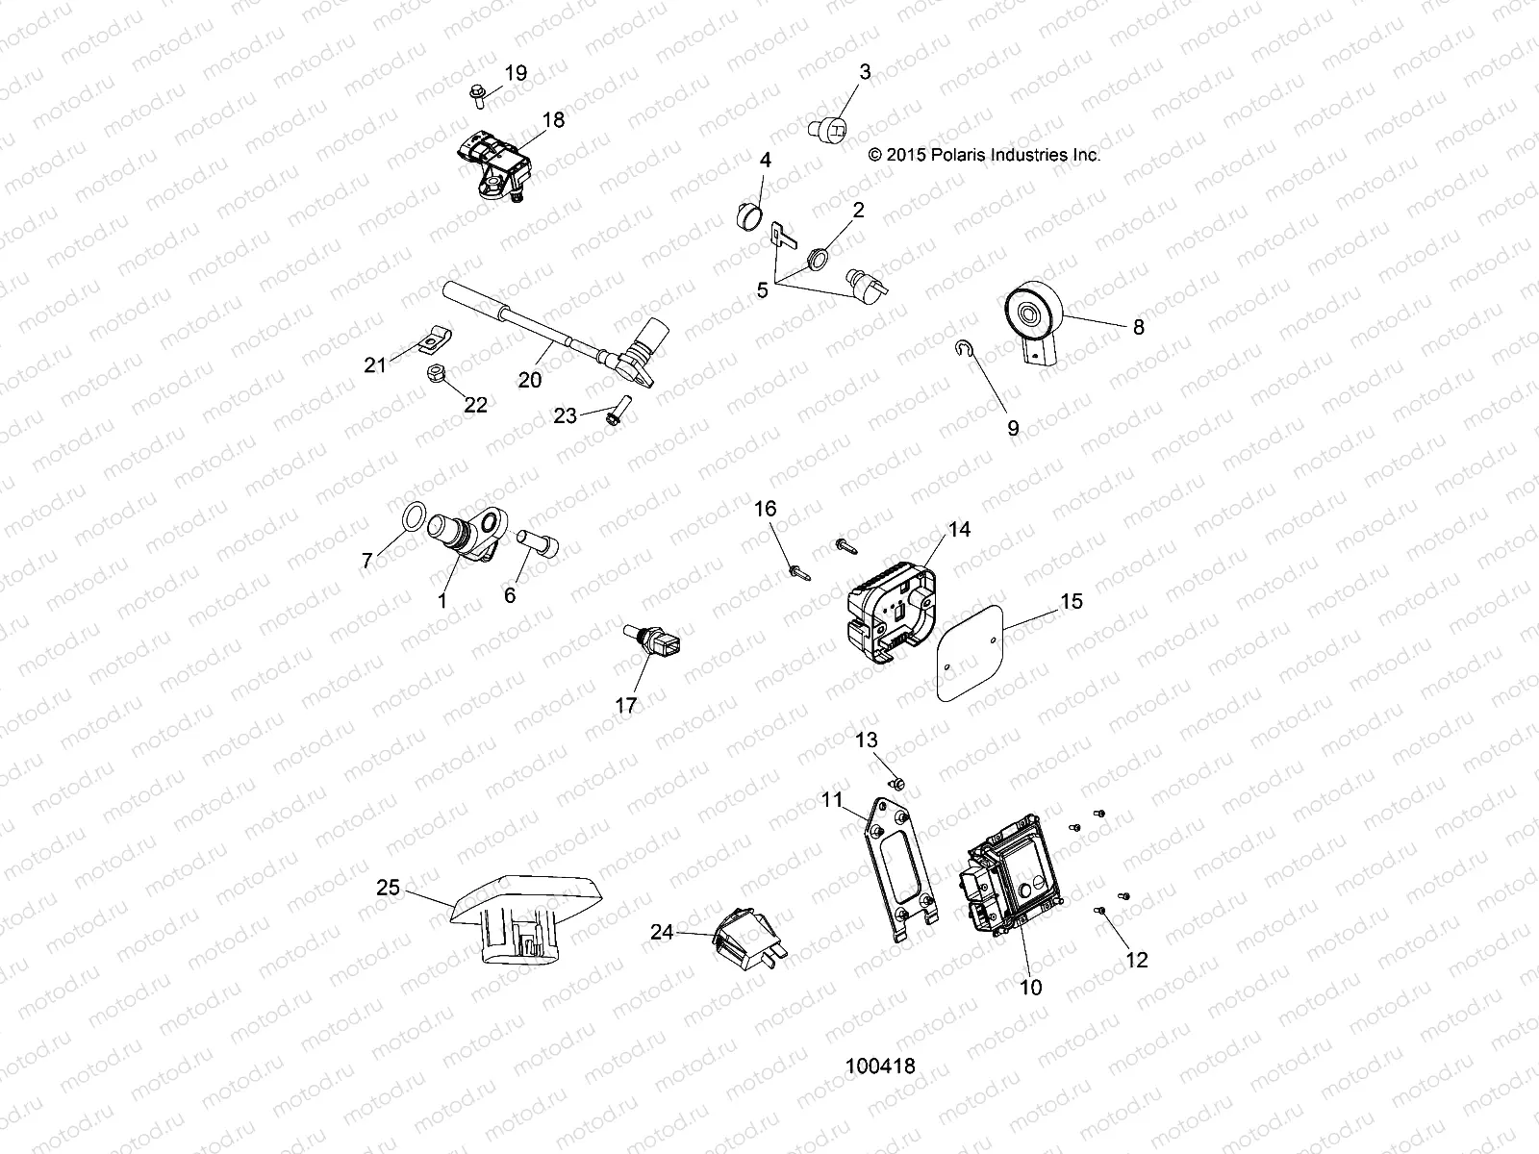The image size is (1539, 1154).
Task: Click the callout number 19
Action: pyautogui.click(x=516, y=73)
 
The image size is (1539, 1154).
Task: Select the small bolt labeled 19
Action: pyautogui.click(x=477, y=93)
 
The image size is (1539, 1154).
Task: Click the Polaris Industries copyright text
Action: pyautogui.click(x=983, y=154)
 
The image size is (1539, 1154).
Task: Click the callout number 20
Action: pyautogui.click(x=530, y=380)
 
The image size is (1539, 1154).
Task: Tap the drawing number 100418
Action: pyautogui.click(x=879, y=1066)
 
